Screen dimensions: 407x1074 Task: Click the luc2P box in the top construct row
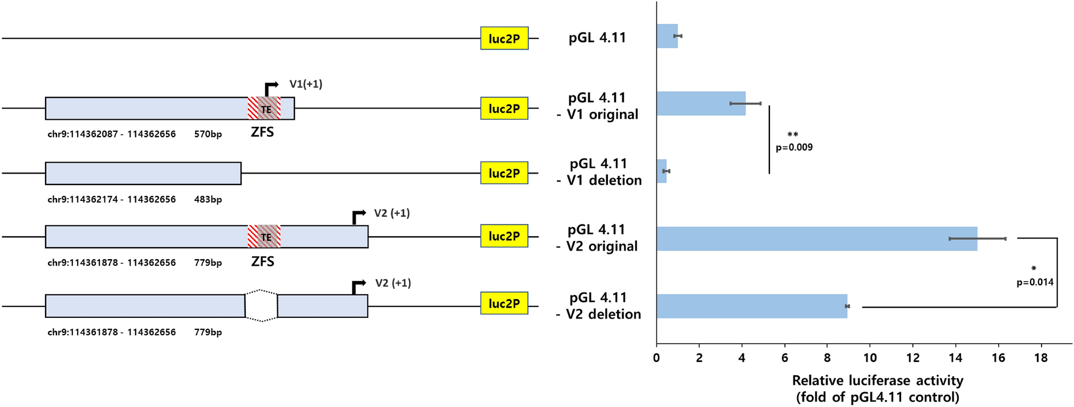[504, 38]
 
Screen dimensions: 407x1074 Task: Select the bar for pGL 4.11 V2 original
[816, 239]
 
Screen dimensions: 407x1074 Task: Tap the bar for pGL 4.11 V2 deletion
[751, 307]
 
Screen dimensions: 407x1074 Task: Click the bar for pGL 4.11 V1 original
[700, 103]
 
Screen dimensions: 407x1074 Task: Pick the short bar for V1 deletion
[662, 171]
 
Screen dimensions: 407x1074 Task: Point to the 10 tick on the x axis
[870, 358]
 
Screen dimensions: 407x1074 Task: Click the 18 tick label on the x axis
[1040, 358]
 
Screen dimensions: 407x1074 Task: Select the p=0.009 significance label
[794, 147]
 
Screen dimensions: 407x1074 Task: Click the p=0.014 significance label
[1035, 282]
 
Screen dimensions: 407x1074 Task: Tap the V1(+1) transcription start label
[306, 84]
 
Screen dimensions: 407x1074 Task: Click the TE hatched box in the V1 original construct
[264, 108]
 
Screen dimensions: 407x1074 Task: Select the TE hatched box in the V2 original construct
[264, 236]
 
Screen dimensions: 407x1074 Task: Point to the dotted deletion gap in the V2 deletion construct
[261, 306]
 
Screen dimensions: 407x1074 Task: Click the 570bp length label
[208, 134]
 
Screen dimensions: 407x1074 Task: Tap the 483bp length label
[208, 199]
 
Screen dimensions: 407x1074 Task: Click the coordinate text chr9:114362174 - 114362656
[111, 199]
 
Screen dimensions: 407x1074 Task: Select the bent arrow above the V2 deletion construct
[358, 286]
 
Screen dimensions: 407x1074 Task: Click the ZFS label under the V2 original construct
[262, 261]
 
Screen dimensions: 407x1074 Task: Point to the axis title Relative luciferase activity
[877, 380]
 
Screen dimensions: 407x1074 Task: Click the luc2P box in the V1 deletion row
[504, 173]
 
